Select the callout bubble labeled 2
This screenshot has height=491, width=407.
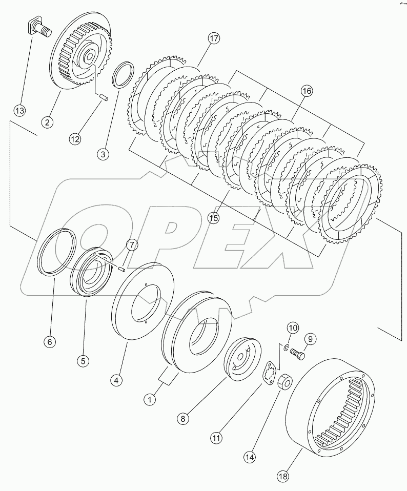[x=47, y=122]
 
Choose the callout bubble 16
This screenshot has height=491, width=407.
[x=306, y=91]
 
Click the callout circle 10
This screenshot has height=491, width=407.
[x=292, y=328]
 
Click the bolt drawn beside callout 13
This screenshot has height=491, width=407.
[x=39, y=29]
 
